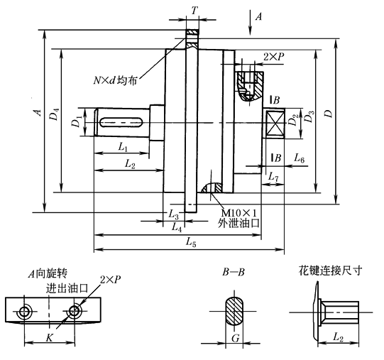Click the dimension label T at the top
coord(194,11)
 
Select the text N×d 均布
coord(115,80)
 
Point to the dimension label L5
coord(191,242)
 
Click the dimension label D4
coord(55,114)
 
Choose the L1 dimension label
coord(123,147)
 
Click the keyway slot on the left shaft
coord(121,122)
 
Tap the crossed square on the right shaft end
coord(275,123)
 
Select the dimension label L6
coord(299,158)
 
